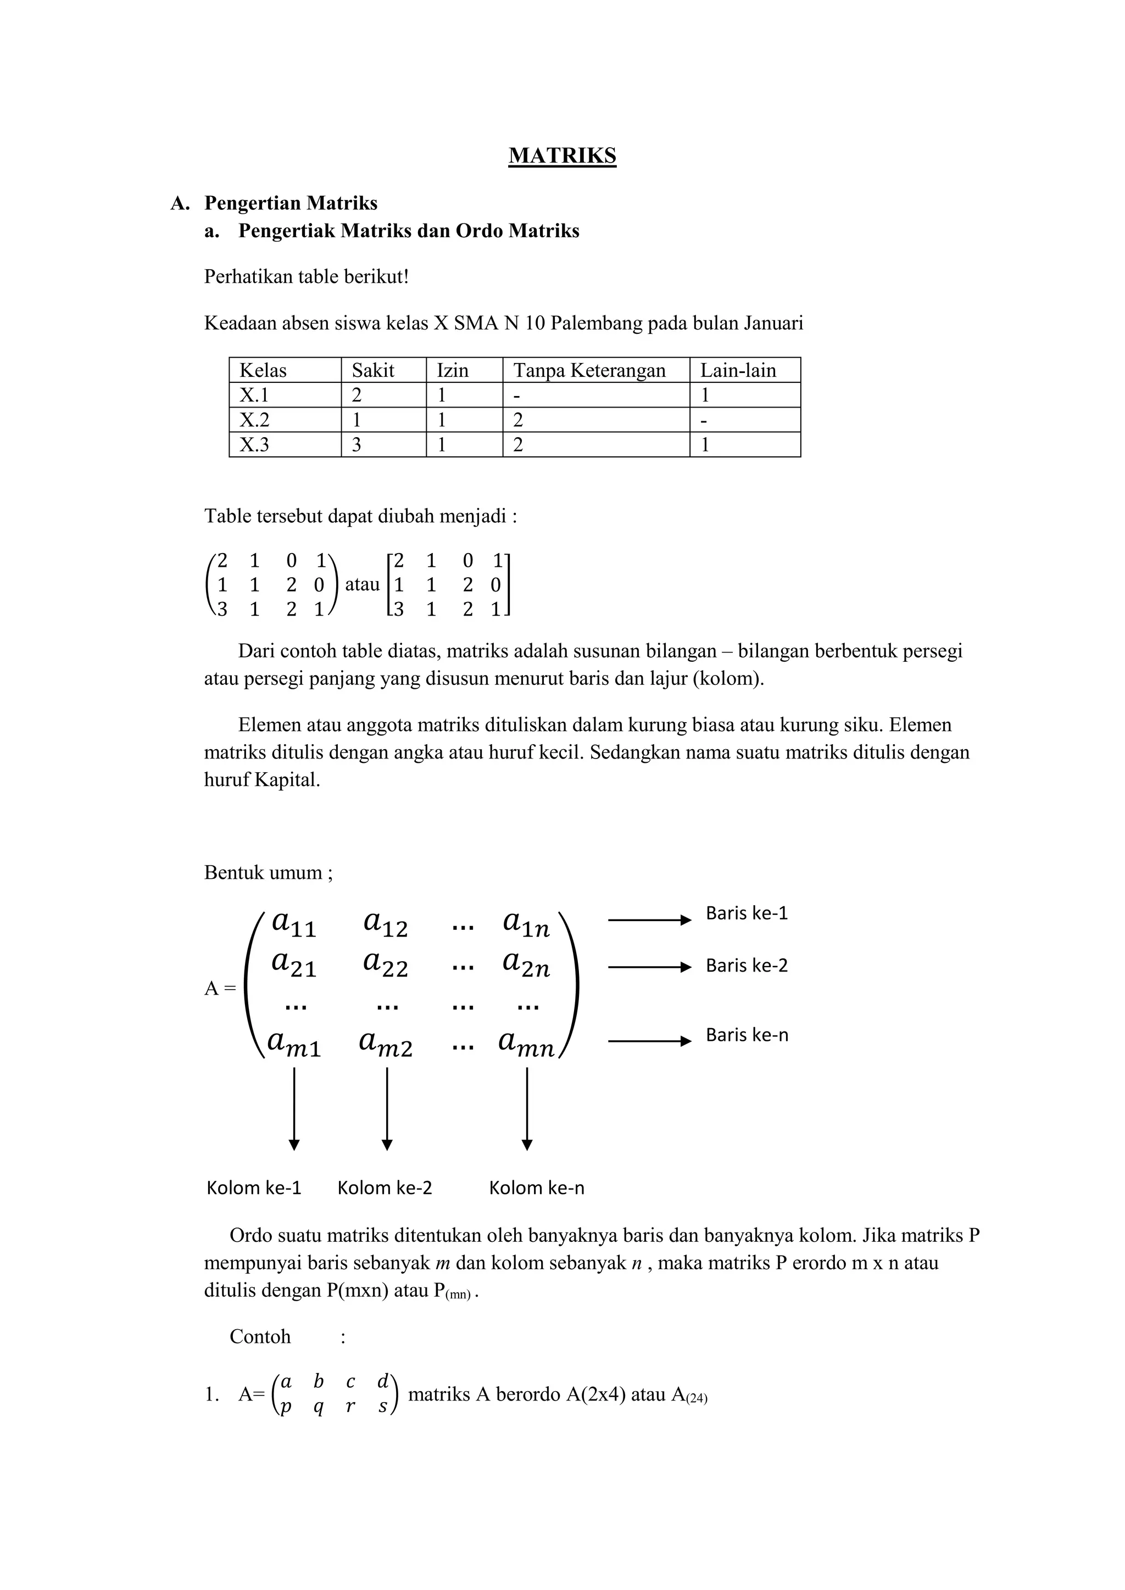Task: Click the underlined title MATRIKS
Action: point(562,156)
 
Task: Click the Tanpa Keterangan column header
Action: point(589,371)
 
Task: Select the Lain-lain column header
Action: point(738,371)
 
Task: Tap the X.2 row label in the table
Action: point(254,420)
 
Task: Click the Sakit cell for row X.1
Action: point(357,395)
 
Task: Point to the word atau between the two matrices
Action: point(363,584)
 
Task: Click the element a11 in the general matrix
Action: point(294,924)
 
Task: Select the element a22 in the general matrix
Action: point(386,964)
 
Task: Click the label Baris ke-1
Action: point(746,913)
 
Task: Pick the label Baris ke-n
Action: point(746,1035)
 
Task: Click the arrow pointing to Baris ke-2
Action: point(649,967)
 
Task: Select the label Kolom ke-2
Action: point(385,1189)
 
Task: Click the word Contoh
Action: point(260,1337)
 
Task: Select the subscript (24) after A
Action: point(697,1398)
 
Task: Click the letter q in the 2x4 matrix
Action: point(318,1407)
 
